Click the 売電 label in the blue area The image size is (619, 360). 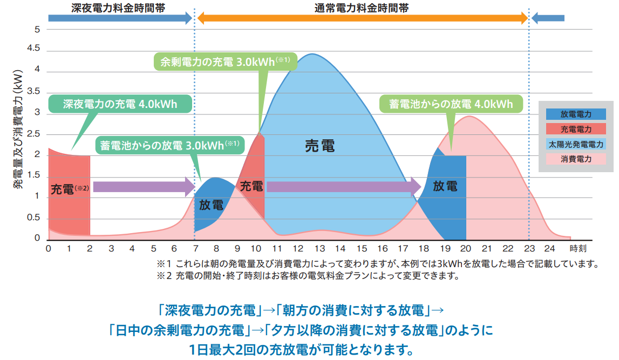pyautogui.click(x=319, y=146)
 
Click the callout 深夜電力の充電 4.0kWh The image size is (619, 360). pyautogui.click(x=120, y=104)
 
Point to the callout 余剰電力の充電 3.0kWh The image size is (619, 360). pyautogui.click(x=226, y=62)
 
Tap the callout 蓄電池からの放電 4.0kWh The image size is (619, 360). pyautogui.click(x=451, y=104)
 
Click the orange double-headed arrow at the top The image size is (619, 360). pyautogui.click(x=362, y=18)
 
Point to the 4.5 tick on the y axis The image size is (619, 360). pyautogui.click(x=33, y=49)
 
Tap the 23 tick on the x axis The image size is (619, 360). pyautogui.click(x=529, y=249)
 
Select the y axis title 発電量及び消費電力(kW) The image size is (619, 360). pyautogui.click(x=18, y=130)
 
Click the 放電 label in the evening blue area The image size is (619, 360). pyautogui.click(x=445, y=186)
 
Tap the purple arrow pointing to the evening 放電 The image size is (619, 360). pyautogui.click(x=343, y=187)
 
